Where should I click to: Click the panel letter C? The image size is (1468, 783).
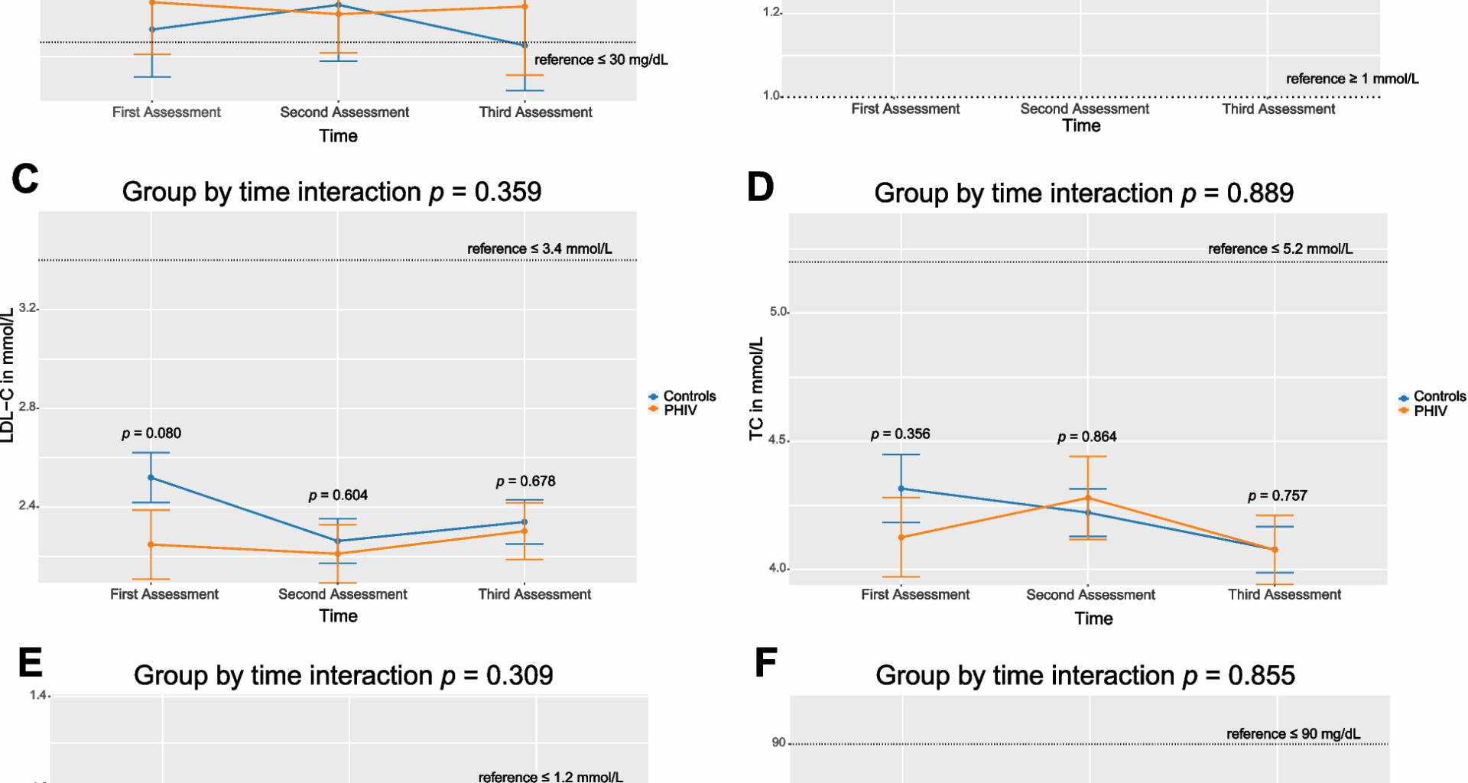[x=25, y=179]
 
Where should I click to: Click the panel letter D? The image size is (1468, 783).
[x=760, y=187]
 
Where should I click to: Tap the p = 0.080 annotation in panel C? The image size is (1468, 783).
[x=151, y=434]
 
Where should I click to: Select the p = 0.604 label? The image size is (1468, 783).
[x=338, y=495]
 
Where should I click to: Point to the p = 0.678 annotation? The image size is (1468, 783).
[x=525, y=481]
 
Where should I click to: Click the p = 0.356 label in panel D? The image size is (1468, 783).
[x=900, y=434]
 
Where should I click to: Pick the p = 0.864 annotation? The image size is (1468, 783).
[x=1086, y=437]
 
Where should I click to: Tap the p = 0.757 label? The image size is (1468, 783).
[x=1277, y=496]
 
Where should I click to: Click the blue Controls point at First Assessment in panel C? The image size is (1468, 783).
[x=151, y=478]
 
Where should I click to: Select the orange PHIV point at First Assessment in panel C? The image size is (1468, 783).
[x=151, y=545]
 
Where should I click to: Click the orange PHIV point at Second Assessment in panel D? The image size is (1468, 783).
[x=1088, y=499]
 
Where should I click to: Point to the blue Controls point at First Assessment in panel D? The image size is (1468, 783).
[x=901, y=489]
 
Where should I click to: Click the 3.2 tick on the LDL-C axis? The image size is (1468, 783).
[x=28, y=308]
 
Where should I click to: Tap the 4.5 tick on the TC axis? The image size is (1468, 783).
[x=778, y=440]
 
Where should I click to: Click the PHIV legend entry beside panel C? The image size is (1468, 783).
[x=680, y=411]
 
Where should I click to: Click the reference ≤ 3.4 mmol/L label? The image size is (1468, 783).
[x=539, y=249]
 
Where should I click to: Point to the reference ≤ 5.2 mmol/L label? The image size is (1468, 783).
[x=1280, y=249]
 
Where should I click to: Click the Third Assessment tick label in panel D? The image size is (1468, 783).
[x=1284, y=595]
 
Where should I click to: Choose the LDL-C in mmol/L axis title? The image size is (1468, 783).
[x=8, y=375]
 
